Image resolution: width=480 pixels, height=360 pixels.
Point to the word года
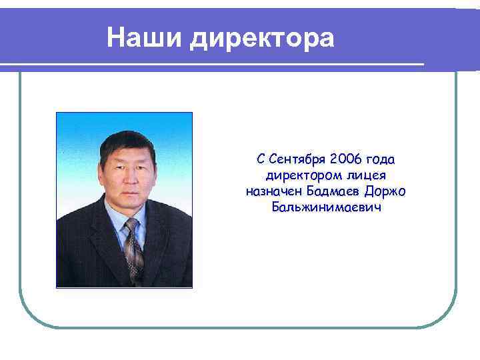point(380,160)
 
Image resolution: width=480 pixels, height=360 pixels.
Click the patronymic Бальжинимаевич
point(325,207)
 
